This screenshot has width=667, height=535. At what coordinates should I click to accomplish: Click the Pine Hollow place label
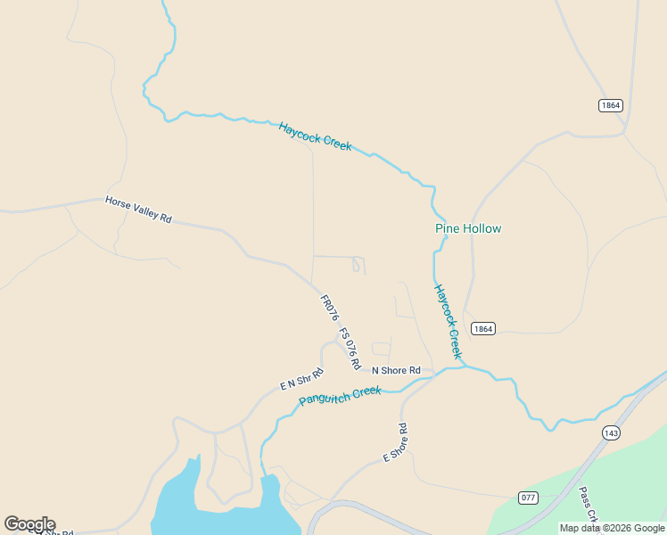468,228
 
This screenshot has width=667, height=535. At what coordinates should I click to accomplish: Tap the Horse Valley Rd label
138,210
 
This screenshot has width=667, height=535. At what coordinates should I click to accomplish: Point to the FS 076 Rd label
350,349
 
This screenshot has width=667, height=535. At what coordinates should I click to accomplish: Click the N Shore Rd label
395,370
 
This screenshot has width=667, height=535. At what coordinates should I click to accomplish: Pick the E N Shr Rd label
301,380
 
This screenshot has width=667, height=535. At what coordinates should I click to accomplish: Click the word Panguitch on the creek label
326,397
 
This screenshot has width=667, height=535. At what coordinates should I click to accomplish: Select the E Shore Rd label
395,442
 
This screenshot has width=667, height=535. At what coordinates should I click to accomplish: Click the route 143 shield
611,432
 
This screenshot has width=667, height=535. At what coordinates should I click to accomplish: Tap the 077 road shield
529,497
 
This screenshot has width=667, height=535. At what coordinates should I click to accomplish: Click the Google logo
29,524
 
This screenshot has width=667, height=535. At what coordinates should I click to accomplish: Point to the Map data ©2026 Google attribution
612,528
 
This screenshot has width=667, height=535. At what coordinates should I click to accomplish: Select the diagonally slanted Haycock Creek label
315,136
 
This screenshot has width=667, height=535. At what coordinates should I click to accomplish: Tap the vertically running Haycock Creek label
448,322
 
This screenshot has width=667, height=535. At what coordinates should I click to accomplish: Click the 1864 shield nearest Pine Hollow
482,328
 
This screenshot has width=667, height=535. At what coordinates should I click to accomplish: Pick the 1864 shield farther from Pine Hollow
610,105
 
